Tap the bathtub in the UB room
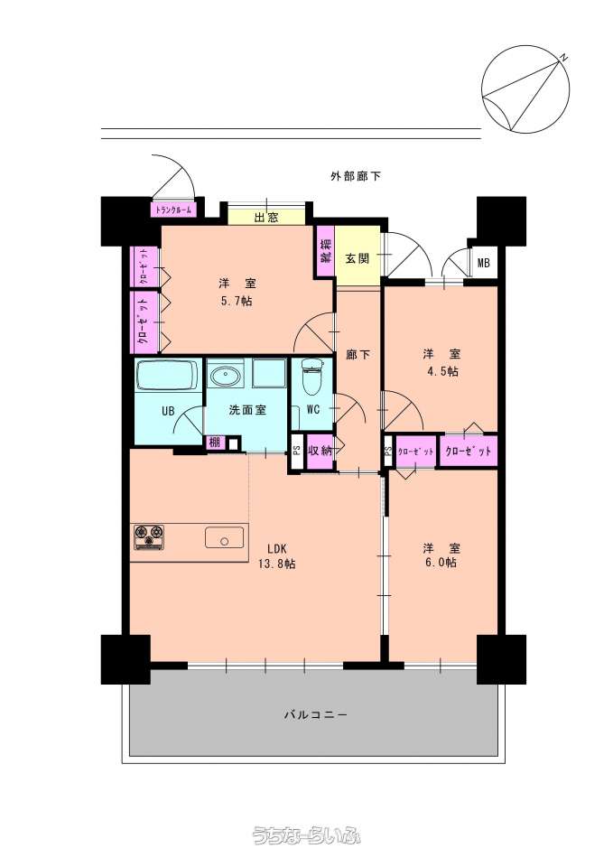tap(168, 375)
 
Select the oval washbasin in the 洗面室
tap(225, 375)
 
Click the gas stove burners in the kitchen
tap(149, 537)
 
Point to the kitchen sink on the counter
tap(225, 537)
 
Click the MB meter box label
tap(483, 264)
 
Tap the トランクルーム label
tap(173, 210)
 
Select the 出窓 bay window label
tap(265, 218)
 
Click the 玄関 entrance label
tap(358, 258)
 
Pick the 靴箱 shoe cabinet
tap(326, 250)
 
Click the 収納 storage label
tap(320, 451)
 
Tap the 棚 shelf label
tap(215, 443)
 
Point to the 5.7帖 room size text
tap(237, 302)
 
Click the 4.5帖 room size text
tap(442, 371)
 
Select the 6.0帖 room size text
tap(441, 563)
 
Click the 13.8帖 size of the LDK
tap(276, 564)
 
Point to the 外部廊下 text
tap(356, 176)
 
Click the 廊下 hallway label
tap(358, 354)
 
